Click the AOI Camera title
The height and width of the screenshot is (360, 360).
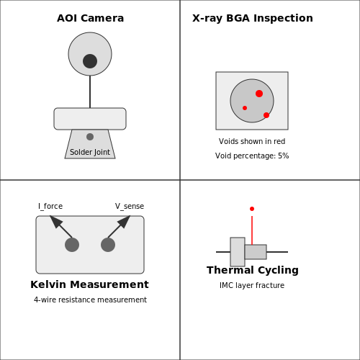click(90, 18)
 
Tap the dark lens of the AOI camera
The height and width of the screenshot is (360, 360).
click(90, 61)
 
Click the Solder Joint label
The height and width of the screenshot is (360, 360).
click(90, 152)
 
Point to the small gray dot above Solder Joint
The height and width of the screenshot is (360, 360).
click(90, 137)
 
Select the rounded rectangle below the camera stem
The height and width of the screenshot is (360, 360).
click(90, 119)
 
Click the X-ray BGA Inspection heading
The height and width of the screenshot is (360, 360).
click(253, 18)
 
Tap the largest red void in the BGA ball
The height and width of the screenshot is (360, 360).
click(259, 94)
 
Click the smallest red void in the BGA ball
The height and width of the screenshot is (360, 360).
click(245, 108)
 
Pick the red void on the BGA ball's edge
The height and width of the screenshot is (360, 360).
click(266, 115)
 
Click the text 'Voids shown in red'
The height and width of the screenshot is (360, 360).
click(252, 141)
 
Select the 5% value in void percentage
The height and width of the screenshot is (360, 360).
click(284, 156)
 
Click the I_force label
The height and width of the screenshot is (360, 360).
click(50, 206)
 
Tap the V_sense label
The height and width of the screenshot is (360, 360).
click(130, 206)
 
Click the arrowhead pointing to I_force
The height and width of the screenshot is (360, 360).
click(55, 221)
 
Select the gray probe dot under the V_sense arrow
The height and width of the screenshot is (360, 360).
click(108, 245)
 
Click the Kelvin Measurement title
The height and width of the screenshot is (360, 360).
click(89, 284)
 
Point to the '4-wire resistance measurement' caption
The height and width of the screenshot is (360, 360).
click(90, 300)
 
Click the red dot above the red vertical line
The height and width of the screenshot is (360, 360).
click(252, 209)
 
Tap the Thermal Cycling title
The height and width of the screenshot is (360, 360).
click(253, 270)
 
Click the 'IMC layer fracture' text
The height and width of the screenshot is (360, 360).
click(252, 285)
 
